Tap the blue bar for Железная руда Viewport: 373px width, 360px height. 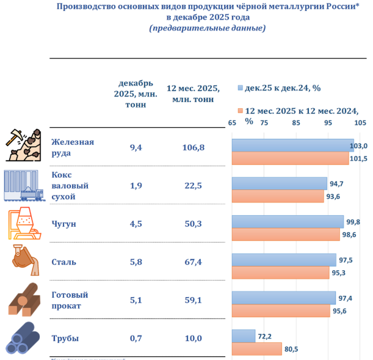click(292, 145)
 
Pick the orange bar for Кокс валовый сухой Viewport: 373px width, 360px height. click(278, 196)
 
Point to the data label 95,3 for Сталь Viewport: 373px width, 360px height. click(339, 273)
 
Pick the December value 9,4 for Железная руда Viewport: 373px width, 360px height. click(136, 147)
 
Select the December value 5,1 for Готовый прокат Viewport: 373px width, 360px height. click(136, 300)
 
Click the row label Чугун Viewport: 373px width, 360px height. click(64, 224)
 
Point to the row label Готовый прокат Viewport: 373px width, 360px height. click(67, 300)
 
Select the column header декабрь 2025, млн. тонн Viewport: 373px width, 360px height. click(136, 94)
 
